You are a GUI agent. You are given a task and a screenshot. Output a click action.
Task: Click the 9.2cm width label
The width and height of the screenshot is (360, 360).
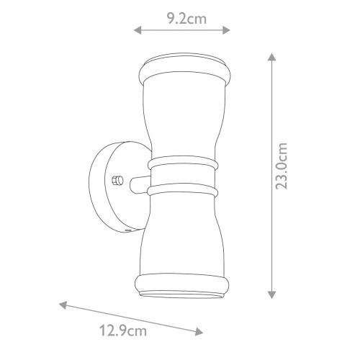pyautogui.click(x=184, y=19)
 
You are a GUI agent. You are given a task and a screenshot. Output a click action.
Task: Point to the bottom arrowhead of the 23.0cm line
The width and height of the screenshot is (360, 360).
pyautogui.click(x=271, y=295)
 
